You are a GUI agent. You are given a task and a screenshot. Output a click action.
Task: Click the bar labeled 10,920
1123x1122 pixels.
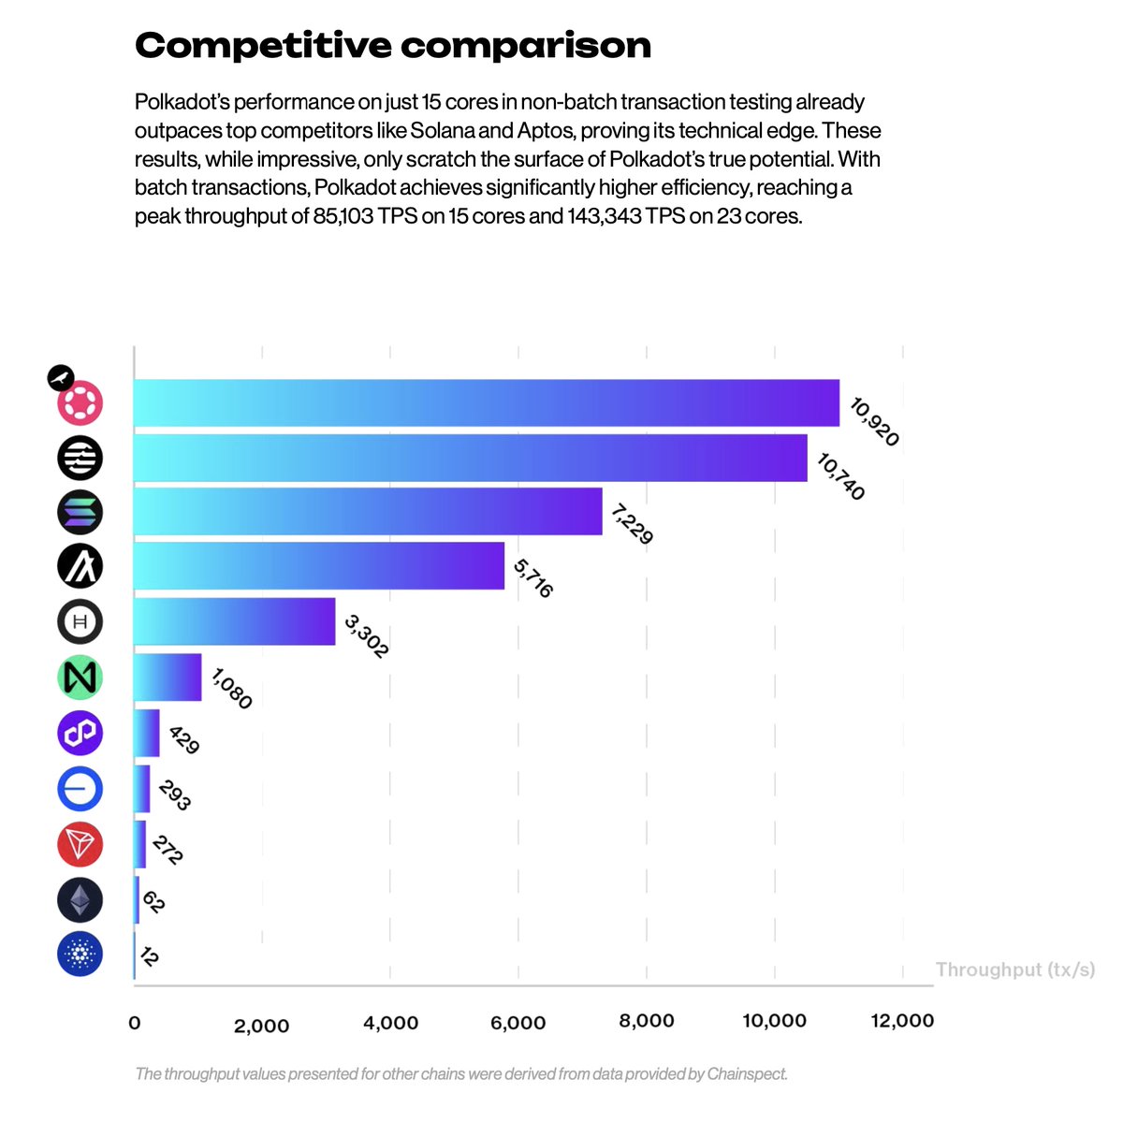click(x=486, y=402)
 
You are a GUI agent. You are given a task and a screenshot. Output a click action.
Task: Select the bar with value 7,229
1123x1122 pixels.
click(x=368, y=511)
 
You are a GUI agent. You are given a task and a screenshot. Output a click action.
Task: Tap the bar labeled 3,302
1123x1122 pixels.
click(x=234, y=621)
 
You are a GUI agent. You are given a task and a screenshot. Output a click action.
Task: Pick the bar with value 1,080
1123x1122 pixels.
click(x=168, y=677)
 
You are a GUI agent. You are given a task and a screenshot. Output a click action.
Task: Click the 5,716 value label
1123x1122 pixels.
click(x=533, y=578)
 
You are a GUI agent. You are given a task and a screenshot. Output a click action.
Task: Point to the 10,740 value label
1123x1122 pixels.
click(x=840, y=476)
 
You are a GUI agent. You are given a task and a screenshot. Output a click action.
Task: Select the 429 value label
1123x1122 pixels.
click(x=184, y=739)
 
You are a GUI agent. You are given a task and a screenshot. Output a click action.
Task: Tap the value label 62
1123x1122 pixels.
click(x=153, y=902)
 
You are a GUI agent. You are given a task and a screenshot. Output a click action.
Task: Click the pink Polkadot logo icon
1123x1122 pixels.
click(x=80, y=402)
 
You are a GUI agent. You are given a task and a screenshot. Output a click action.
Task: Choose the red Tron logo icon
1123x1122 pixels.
click(x=80, y=845)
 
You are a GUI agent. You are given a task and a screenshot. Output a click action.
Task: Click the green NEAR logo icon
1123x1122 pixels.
click(x=80, y=678)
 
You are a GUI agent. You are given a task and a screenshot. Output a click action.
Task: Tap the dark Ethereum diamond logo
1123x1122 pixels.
click(x=80, y=900)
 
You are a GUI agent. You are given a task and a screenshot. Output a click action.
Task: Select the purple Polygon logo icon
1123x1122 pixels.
click(x=80, y=733)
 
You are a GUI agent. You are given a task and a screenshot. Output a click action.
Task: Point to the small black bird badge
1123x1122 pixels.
click(x=61, y=378)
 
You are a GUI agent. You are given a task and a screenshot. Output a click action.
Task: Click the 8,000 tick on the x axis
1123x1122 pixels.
click(x=647, y=1021)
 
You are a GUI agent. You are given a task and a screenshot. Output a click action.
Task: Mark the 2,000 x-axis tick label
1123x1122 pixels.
click(x=261, y=1026)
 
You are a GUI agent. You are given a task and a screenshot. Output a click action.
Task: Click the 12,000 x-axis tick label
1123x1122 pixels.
click(x=902, y=1021)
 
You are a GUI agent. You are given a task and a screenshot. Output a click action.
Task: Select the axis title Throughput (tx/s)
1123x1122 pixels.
click(x=1015, y=969)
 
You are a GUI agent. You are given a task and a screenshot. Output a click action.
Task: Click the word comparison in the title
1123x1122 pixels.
click(x=526, y=46)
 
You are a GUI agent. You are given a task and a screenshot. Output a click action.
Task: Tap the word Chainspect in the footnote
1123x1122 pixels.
click(x=747, y=1073)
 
